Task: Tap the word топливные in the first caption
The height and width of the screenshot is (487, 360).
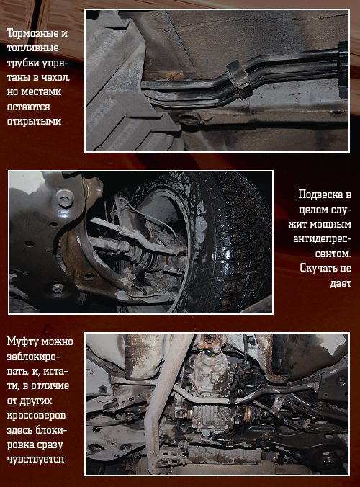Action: [32, 48]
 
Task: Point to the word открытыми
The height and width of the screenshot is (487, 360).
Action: [34, 121]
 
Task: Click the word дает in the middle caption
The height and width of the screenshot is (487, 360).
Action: [341, 282]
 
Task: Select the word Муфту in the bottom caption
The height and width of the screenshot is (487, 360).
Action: [22, 341]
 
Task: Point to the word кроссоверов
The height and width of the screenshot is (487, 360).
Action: [36, 415]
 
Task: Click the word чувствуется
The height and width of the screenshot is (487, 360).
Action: [36, 460]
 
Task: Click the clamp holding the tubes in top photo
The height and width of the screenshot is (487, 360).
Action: [240, 79]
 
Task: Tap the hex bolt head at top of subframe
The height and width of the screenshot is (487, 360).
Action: [66, 198]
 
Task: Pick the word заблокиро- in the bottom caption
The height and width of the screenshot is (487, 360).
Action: [33, 356]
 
